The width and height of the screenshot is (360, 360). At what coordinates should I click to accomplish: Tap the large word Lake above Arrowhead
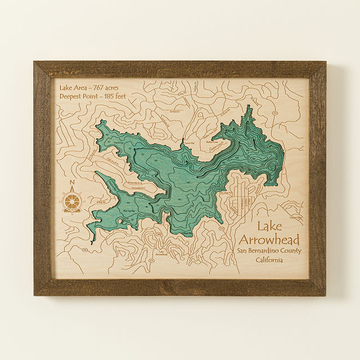pyautogui.click(x=271, y=226)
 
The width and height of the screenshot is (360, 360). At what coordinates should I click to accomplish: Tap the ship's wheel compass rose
pyautogui.click(x=72, y=201)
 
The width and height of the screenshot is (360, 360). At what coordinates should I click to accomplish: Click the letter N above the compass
pyautogui.click(x=71, y=183)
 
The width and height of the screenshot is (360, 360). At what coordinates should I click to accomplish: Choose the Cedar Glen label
pyautogui.click(x=295, y=217)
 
